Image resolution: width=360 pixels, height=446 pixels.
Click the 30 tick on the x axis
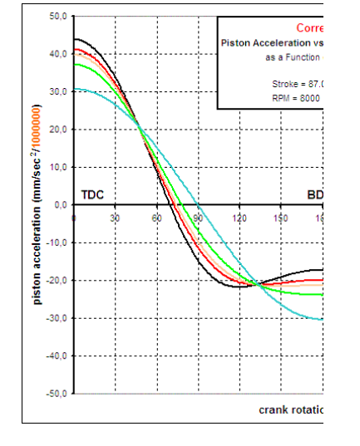[116, 218]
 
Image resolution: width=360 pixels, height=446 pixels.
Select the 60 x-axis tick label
[157, 218]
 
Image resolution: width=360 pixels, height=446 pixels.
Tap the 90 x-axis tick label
[198, 218]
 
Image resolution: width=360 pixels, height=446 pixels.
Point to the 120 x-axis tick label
[239, 218]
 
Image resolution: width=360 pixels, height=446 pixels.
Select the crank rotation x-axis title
[289, 409]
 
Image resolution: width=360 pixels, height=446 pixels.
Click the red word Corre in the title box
[308, 27]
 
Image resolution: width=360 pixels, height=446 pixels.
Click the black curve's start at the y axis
[76, 39]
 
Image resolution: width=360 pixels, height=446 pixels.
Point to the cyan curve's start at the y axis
[76, 88]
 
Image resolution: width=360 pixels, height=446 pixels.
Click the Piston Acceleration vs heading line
[271, 42]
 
